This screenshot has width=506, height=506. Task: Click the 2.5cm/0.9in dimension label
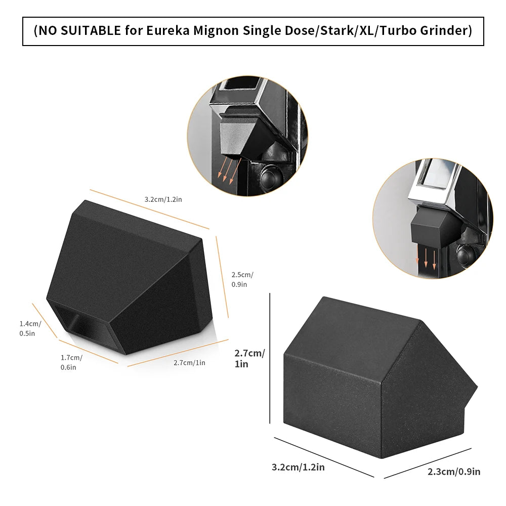click(x=242, y=279)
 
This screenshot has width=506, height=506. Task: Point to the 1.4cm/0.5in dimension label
click(x=30, y=328)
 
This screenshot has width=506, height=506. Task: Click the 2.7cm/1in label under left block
click(x=189, y=362)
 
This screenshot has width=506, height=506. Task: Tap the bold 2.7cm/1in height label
click(x=249, y=358)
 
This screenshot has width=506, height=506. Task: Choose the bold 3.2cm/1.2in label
click(x=298, y=467)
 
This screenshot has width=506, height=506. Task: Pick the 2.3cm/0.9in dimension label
click(x=454, y=472)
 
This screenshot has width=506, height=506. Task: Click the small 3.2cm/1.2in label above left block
click(x=163, y=199)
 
